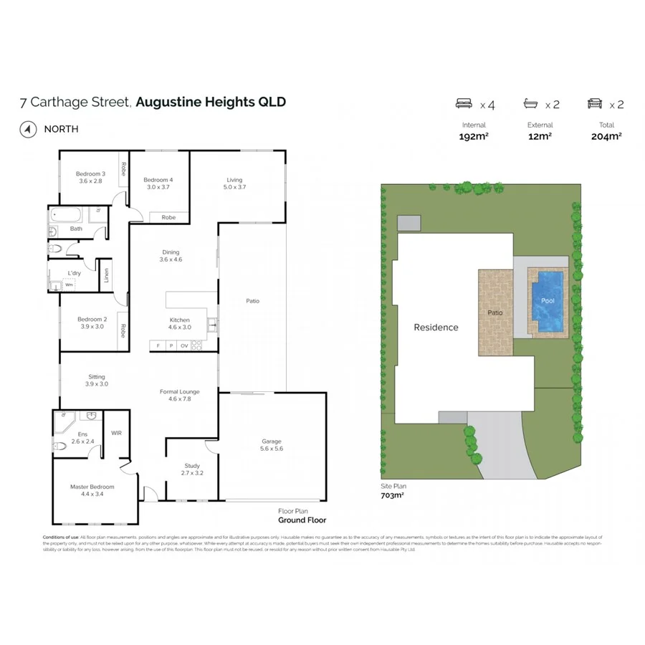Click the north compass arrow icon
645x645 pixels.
pyautogui.click(x=28, y=130)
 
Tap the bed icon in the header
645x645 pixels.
pyautogui.click(x=465, y=104)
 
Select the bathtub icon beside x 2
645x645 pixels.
pyautogui.click(x=531, y=104)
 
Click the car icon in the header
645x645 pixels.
pyautogui.click(x=595, y=104)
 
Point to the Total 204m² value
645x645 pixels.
pyautogui.click(x=606, y=136)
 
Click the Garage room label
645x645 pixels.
pyautogui.click(x=272, y=441)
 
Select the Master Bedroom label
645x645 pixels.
pyautogui.click(x=92, y=487)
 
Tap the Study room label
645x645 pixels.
pyautogui.click(x=191, y=466)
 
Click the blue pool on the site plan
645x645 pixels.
pyautogui.click(x=548, y=302)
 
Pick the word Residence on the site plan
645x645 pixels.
pyautogui.click(x=436, y=328)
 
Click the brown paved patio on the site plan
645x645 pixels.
pyautogui.click(x=495, y=312)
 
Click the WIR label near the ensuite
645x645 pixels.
pyautogui.click(x=116, y=433)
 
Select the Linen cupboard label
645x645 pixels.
pyautogui.click(x=106, y=275)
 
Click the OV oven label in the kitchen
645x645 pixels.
pyautogui.click(x=183, y=346)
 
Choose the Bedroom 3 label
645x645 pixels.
pyautogui.click(x=91, y=173)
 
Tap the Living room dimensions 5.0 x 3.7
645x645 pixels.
pyautogui.click(x=234, y=187)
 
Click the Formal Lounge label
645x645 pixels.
pyautogui.click(x=179, y=392)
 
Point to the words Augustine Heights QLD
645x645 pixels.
pyautogui.click(x=211, y=102)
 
